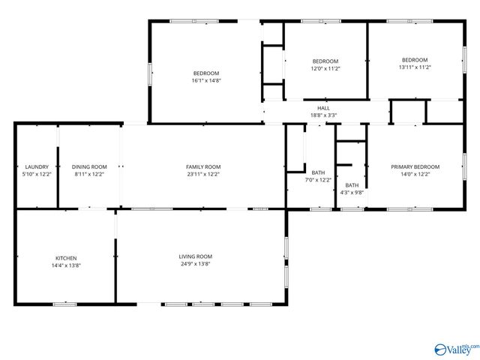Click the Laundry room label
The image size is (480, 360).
click(x=37, y=166)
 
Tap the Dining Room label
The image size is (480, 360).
click(x=89, y=166)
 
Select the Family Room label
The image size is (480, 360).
click(x=203, y=166)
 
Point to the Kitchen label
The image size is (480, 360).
click(x=65, y=257)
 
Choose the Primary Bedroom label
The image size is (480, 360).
click(x=415, y=166)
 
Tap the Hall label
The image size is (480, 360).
click(x=323, y=108)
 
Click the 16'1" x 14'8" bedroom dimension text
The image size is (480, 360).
click(x=206, y=80)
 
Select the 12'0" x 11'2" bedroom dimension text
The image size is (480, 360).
click(x=325, y=68)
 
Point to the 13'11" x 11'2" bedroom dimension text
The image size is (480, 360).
click(x=415, y=67)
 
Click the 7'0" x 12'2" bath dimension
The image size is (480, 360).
click(x=318, y=180)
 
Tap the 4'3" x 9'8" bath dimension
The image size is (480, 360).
click(x=352, y=193)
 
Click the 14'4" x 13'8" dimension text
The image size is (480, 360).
click(x=65, y=265)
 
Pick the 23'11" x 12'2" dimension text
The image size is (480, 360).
click(x=203, y=174)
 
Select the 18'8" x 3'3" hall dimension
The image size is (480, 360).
click(x=323, y=115)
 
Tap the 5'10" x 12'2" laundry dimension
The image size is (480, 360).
click(x=37, y=174)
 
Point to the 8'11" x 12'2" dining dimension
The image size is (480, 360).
click(x=89, y=174)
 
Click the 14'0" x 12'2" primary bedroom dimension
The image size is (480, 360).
click(x=415, y=174)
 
